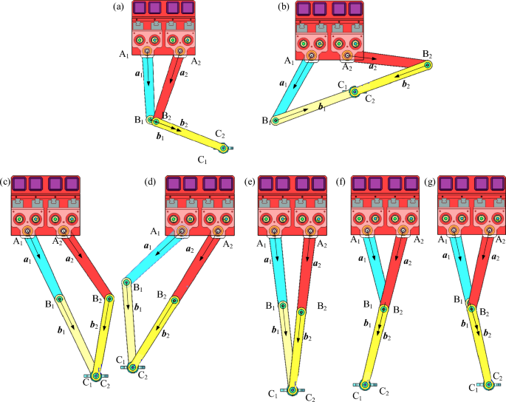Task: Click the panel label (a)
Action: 117,7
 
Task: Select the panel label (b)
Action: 282,7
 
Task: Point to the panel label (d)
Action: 151,181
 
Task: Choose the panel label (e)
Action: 250,181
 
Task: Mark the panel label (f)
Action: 341,181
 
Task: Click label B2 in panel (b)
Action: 428,55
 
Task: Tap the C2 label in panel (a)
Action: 220,134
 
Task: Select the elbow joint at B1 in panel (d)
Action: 127,282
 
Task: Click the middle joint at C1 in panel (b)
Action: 354,92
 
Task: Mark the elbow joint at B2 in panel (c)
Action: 109,299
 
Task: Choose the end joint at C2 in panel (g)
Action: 489,385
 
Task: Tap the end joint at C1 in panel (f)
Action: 364,384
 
